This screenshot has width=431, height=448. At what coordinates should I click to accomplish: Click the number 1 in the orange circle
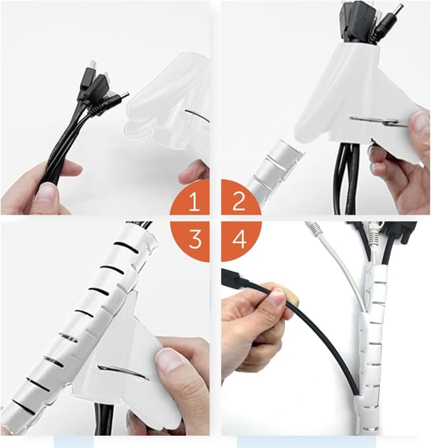point(195,202)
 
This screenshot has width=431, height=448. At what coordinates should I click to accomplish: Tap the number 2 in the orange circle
point(238,202)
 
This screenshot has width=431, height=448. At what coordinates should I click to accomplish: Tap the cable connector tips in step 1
point(101,84)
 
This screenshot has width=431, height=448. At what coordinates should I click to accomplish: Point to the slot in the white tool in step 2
point(377,121)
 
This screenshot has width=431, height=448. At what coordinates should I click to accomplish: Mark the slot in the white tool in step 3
point(121,371)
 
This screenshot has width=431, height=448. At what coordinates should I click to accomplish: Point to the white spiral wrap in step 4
point(370,350)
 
